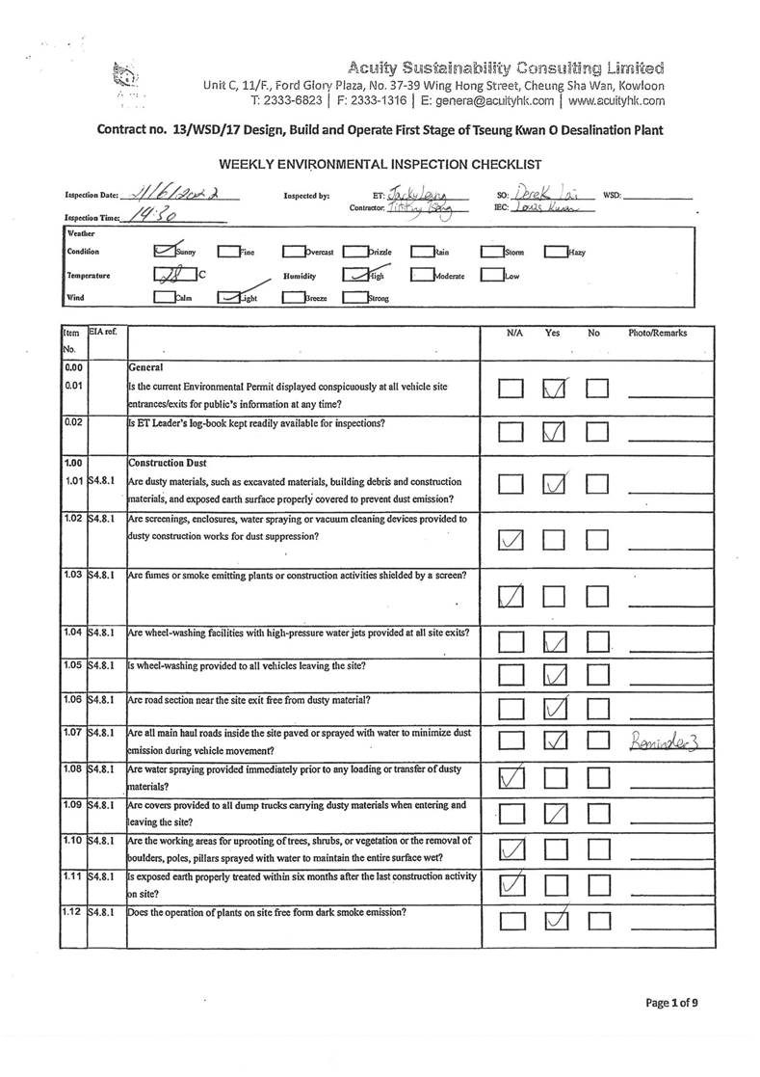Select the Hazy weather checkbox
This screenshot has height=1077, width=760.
tap(555, 253)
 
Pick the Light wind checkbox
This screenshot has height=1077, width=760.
tap(229, 298)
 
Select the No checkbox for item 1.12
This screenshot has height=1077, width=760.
tap(598, 922)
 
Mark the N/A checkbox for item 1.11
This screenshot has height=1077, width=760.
tap(511, 884)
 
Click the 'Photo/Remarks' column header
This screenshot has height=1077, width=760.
tap(658, 333)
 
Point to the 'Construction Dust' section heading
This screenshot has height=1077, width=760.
tap(166, 463)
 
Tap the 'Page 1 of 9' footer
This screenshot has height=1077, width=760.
tap(671, 1003)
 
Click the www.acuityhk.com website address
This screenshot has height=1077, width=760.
tap(616, 100)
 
